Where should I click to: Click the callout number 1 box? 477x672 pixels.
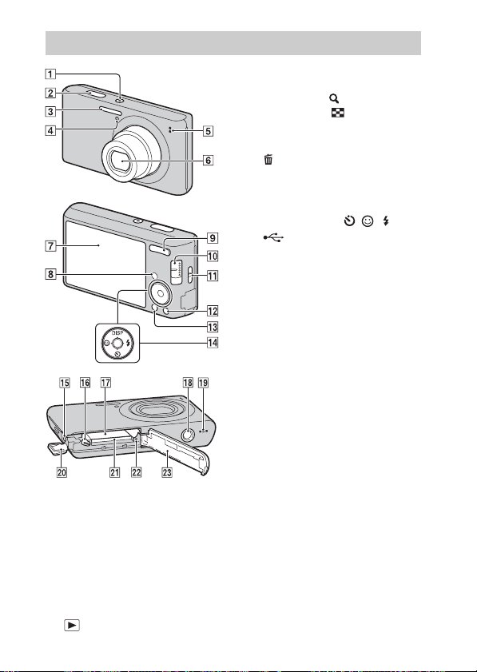pos(50,74)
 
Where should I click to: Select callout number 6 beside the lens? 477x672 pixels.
pos(208,161)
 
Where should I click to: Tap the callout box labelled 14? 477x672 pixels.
pos(213,343)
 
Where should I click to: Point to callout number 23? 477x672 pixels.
pos(167,472)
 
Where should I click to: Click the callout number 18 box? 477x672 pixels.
pos(188,382)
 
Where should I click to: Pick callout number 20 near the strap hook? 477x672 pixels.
pos(62,472)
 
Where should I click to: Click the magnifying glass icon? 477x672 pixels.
pos(334,98)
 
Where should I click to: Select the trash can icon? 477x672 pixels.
pos(268,160)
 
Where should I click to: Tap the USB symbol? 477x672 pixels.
pos(273,237)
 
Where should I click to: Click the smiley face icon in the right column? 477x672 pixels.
pos(368,221)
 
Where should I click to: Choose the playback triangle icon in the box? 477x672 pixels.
pos(72,626)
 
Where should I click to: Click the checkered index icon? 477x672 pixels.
pos(337,113)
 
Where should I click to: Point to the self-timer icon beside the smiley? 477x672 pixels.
pos(349,221)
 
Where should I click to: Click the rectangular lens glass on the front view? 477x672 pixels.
pos(123,161)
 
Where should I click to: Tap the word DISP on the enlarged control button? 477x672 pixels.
pos(117,332)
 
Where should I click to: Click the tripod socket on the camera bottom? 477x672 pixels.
pos(187,435)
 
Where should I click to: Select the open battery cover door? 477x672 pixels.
pos(177,449)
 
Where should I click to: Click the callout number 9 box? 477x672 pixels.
pos(213,237)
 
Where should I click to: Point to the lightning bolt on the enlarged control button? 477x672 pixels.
pos(130,343)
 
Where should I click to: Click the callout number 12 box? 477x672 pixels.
pos(213,310)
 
